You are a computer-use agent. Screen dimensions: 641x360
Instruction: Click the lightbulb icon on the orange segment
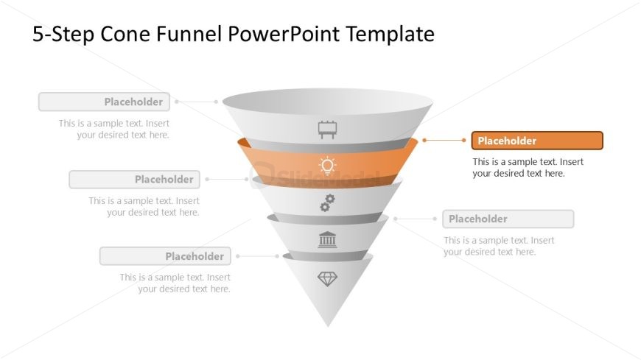point(327,166)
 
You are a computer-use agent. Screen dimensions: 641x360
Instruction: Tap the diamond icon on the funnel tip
point(327,279)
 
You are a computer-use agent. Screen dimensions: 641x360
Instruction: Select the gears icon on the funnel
point(327,203)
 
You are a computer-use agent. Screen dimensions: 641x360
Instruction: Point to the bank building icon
point(327,239)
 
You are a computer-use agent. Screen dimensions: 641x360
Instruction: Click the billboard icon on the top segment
point(327,130)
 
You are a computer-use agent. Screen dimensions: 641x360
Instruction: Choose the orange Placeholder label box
point(537,141)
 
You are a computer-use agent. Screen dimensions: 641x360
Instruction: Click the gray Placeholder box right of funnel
point(508,219)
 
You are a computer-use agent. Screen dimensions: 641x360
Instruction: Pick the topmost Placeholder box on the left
point(104,102)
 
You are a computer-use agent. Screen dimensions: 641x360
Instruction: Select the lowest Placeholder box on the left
point(165,256)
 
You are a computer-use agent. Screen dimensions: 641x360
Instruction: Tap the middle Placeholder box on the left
point(135,180)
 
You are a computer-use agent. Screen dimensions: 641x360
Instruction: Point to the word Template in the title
point(390,35)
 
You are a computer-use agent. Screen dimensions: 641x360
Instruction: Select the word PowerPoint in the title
point(284,34)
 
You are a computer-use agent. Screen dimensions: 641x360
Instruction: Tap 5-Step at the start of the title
point(63,35)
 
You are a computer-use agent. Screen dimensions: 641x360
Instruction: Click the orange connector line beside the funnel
point(444,140)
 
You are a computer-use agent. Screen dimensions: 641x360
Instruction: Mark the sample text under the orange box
point(528,168)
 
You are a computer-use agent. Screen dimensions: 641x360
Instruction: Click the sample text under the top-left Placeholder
point(114,129)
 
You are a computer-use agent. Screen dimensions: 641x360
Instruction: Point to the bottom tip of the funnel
point(328,326)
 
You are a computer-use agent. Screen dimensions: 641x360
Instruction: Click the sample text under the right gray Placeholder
point(499,246)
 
